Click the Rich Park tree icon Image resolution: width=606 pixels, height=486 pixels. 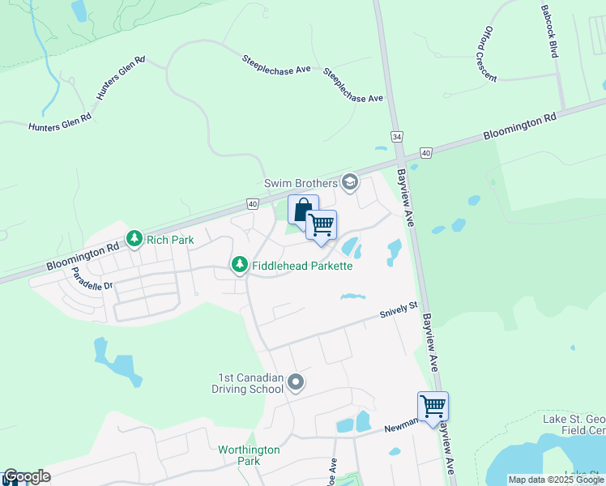point(134,239)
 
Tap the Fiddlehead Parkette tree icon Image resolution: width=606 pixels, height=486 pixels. point(239,265)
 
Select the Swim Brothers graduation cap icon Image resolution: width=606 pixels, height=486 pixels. point(350,182)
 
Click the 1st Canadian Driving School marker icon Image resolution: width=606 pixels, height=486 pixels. point(296,382)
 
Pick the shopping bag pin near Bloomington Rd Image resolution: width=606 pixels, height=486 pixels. point(302,211)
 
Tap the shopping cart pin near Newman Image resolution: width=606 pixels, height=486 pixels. point(433,407)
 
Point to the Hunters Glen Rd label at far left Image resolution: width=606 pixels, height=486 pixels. point(60,122)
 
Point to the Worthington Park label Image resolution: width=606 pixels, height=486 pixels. point(249,455)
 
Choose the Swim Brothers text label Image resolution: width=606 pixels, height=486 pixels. point(301,184)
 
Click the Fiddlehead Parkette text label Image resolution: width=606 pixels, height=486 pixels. point(302,266)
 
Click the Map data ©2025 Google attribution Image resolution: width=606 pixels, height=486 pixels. point(556,480)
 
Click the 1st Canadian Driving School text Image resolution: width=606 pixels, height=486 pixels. point(250,383)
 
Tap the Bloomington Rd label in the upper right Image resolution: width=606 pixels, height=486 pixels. point(520,127)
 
